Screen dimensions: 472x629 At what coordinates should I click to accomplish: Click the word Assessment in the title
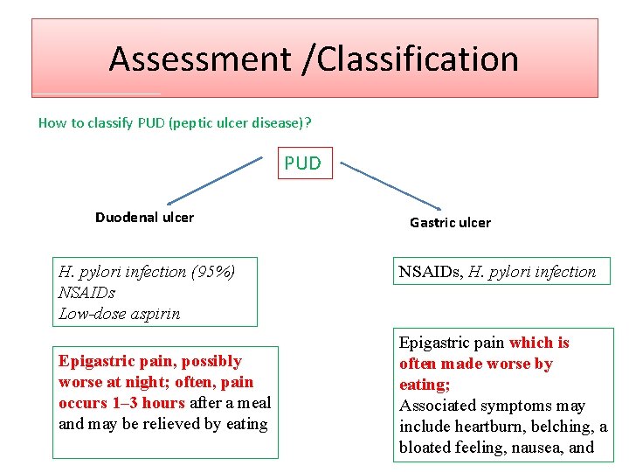click(199, 59)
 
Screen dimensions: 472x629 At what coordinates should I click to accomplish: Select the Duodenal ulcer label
click(144, 217)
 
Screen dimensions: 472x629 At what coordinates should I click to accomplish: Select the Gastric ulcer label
click(450, 223)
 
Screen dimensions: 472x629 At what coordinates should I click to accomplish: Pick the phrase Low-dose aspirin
click(119, 314)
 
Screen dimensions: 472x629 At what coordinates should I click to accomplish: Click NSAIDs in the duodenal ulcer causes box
click(86, 293)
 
